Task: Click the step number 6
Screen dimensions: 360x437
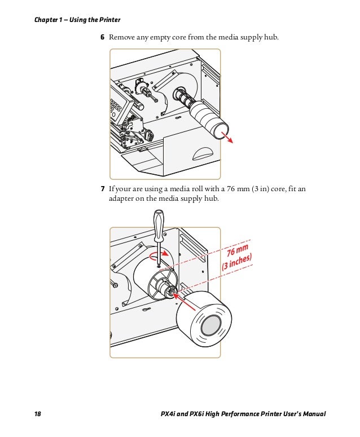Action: pyautogui.click(x=102, y=37)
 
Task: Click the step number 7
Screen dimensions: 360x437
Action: pyautogui.click(x=103, y=189)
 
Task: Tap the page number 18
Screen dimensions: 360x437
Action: pyautogui.click(x=38, y=414)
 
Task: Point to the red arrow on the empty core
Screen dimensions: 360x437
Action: pyautogui.click(x=227, y=138)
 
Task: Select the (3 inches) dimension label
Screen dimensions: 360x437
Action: pyautogui.click(x=237, y=262)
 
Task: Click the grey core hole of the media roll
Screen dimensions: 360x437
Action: pyautogui.click(x=211, y=325)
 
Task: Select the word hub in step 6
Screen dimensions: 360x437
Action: pyautogui.click(x=271, y=37)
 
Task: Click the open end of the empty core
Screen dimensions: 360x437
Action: pyautogui.click(x=221, y=132)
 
